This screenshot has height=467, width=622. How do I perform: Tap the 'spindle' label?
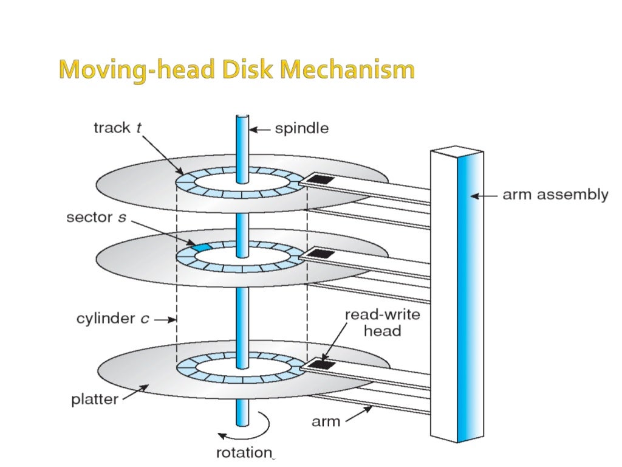(301, 128)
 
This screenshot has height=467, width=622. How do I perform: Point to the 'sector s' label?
(96, 218)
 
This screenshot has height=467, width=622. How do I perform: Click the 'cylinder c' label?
(113, 319)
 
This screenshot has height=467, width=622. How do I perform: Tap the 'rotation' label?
(243, 452)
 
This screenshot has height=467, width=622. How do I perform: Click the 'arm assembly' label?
(555, 195)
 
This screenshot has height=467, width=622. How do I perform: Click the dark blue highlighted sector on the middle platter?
(200, 247)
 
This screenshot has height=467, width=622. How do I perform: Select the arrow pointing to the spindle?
(261, 129)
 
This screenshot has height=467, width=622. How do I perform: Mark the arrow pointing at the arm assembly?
(484, 196)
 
